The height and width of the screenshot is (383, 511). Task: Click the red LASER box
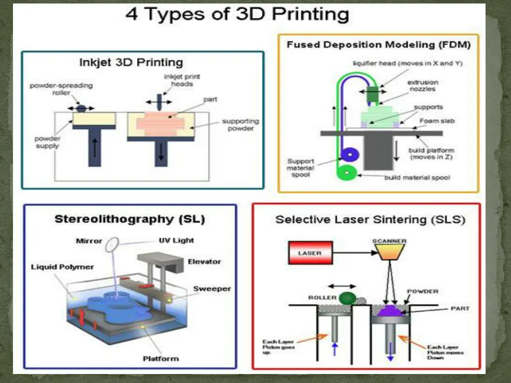(x=310, y=252)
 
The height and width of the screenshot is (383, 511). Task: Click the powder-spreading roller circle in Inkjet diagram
(x=81, y=108)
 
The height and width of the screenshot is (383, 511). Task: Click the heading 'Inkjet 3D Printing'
(x=131, y=62)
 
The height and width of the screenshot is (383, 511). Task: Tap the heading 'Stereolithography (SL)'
(x=130, y=219)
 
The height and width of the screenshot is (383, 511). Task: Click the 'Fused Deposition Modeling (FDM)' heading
(x=378, y=45)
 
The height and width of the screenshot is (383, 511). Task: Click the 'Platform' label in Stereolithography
(x=160, y=358)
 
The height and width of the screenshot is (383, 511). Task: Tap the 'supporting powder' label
(x=241, y=125)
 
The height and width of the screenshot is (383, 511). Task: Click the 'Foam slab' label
(x=437, y=121)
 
